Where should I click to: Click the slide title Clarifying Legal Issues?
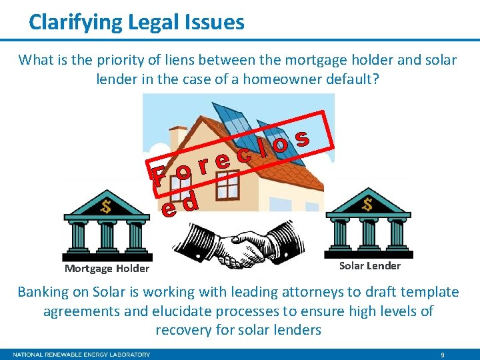[x=137, y=23]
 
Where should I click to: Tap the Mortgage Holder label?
[x=107, y=268]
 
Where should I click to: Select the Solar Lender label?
[x=370, y=265]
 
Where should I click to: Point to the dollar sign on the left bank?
[x=105, y=206]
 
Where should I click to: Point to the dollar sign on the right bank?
[x=367, y=203]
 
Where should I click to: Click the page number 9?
[x=443, y=355]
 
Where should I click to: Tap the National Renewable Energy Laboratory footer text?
[x=81, y=355]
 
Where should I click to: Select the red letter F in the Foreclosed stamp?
[x=158, y=178]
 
